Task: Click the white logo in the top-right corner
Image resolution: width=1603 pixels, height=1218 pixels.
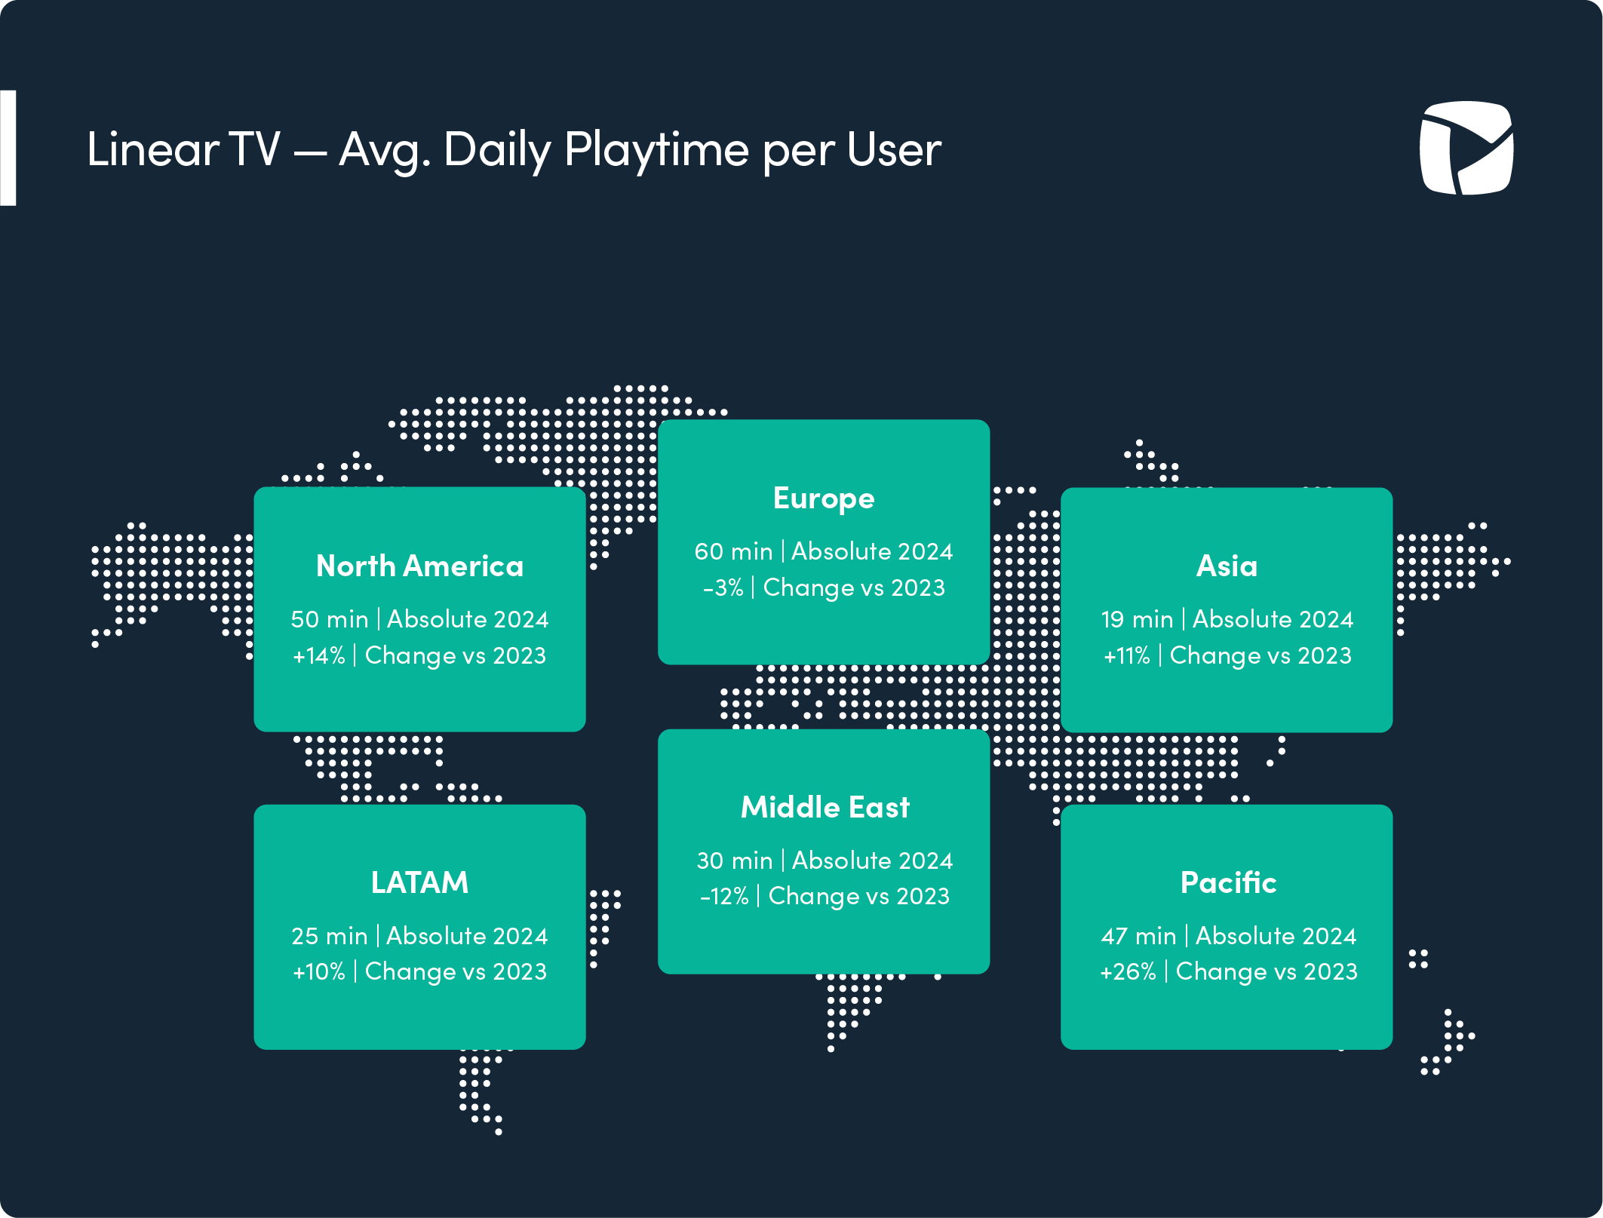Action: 1466,148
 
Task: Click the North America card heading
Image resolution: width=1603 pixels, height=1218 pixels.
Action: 420,566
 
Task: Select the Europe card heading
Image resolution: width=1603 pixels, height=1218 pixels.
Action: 824,499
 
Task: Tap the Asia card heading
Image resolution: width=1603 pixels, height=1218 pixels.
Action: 1227,566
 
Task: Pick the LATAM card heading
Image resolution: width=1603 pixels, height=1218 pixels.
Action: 420,882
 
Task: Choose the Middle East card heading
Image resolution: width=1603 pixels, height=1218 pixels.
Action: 825,807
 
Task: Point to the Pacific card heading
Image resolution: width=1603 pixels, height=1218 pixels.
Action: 1229,882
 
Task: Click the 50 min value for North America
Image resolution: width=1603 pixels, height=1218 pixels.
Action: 330,619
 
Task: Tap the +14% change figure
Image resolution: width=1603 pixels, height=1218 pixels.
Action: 319,655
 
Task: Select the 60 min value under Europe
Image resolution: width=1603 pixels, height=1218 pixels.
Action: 734,551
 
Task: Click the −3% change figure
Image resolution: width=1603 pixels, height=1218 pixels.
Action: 723,588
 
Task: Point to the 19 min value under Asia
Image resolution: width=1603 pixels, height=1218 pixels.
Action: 1138,619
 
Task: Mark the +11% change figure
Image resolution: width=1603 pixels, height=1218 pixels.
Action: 1127,655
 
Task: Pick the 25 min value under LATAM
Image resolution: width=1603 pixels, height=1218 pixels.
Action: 330,936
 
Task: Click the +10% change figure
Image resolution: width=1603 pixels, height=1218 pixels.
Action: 319,971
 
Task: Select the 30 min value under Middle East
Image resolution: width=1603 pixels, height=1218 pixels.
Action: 735,861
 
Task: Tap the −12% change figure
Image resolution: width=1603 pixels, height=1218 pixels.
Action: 724,896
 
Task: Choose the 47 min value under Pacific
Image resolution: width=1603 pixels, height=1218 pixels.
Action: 1139,936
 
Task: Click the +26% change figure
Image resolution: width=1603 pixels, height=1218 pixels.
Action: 1129,971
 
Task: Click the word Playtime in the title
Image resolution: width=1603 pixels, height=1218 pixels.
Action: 656,149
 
